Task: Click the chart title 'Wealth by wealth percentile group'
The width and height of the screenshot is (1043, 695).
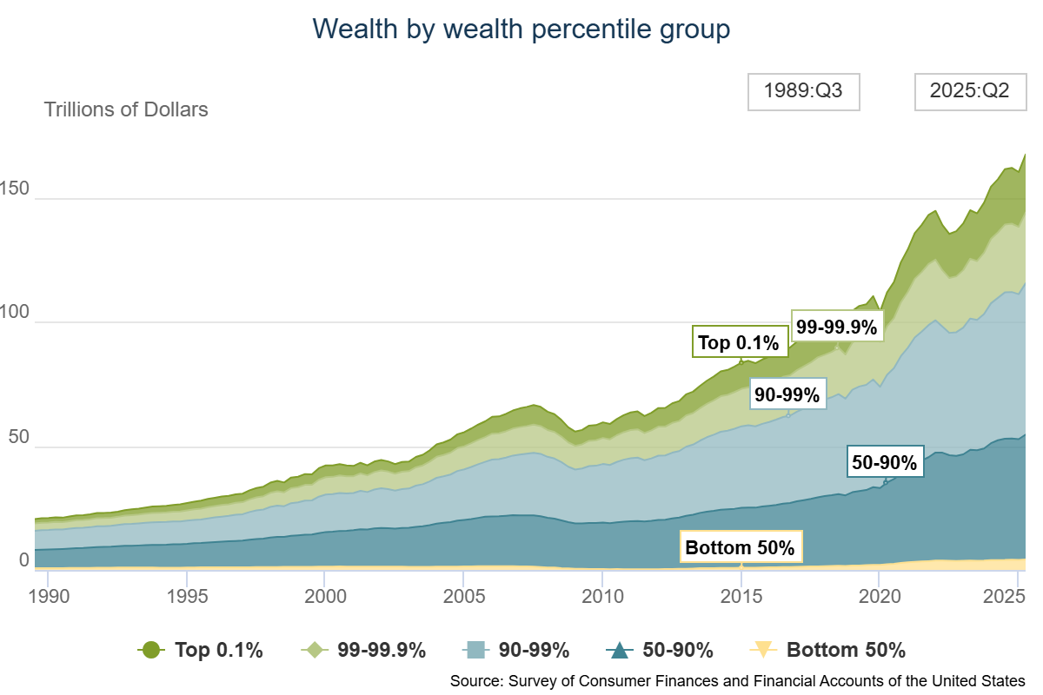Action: pos(521,29)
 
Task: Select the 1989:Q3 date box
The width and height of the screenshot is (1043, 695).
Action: pos(803,91)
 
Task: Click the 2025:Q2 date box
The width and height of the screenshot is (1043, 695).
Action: pos(969,91)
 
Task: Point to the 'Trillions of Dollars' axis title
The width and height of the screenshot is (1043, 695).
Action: pos(126,109)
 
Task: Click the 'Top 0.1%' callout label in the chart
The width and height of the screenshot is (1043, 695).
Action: pos(739,342)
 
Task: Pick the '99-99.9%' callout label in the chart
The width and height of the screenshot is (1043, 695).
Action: pos(837,327)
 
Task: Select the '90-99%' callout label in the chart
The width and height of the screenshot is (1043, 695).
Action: pos(787,394)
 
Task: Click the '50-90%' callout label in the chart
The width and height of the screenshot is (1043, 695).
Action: pos(884,463)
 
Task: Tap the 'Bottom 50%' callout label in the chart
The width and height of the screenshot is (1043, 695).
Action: pos(740,547)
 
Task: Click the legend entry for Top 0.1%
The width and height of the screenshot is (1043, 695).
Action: pos(201,650)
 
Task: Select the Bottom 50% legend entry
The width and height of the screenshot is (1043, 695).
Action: pos(827,650)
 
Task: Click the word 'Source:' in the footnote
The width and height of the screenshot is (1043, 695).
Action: pos(474,680)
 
